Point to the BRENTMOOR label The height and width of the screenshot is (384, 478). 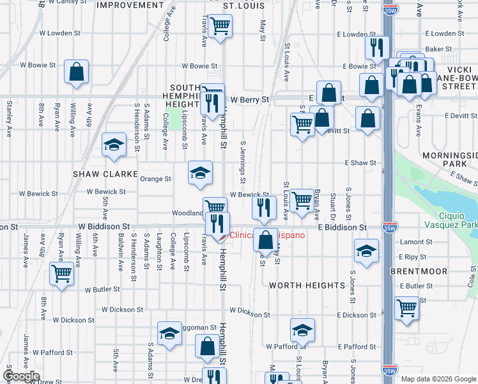point(419,271)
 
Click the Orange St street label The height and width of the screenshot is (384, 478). point(156,179)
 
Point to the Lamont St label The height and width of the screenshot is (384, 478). point(412,242)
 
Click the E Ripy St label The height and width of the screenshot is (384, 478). point(412,257)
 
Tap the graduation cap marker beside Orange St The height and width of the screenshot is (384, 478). point(200,173)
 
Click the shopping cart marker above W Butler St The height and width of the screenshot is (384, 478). point(62,274)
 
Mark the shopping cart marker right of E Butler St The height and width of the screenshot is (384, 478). point(406,308)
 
